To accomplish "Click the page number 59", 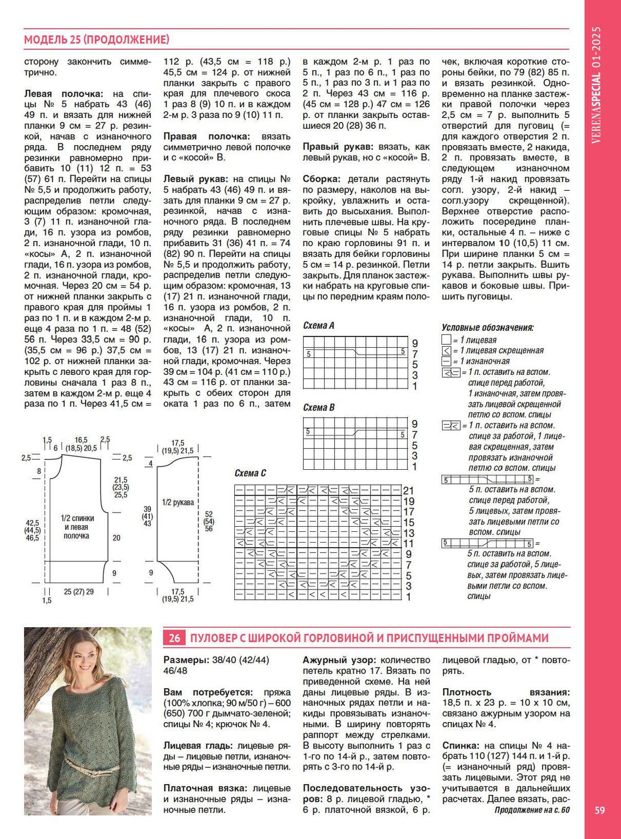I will coord(600,810).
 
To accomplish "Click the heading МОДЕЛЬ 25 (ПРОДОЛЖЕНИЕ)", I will coord(97,40).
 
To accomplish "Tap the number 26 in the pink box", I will coord(174,638).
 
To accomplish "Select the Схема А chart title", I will coord(318,325).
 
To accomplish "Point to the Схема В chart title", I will coord(318,407).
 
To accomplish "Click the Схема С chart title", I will coord(250,473).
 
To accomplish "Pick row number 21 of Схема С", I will coord(409,491).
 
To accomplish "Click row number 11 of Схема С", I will coord(409,544).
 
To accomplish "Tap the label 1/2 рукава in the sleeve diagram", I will coord(178,502).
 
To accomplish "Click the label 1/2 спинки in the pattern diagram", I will coord(77,518).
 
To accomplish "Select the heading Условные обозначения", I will coord(487,327).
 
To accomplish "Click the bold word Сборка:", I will coord(321,179).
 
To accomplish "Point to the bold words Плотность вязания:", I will coord(506,692).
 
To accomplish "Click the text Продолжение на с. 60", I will coord(532,810).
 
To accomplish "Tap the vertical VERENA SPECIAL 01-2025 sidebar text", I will coord(596,85).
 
